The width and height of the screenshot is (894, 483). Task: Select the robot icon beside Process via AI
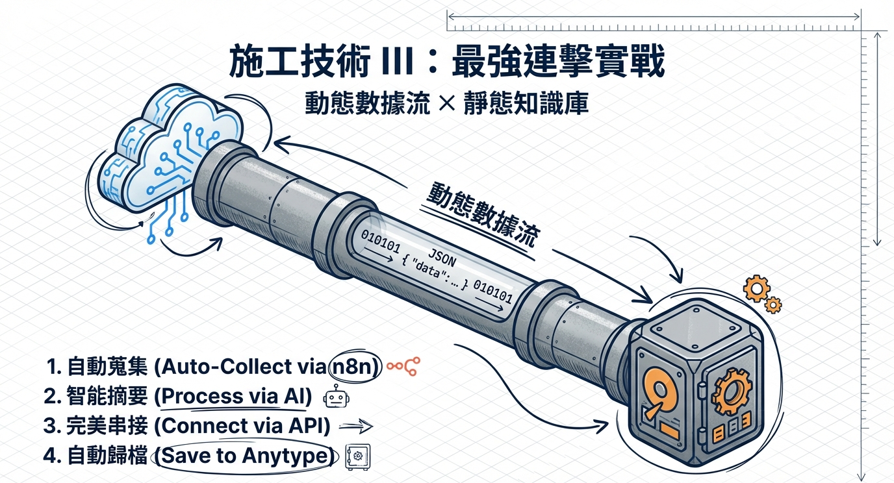(337, 396)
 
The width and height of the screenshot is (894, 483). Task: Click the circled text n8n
(352, 367)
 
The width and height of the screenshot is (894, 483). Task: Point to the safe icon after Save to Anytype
(357, 456)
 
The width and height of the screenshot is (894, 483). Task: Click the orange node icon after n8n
(403, 366)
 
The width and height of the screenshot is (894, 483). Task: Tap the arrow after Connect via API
(355, 427)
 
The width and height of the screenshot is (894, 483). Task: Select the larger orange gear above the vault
(756, 288)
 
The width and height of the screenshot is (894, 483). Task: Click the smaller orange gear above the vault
(773, 305)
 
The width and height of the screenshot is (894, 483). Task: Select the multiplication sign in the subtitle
(446, 103)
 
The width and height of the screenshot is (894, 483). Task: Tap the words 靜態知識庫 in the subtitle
(526, 103)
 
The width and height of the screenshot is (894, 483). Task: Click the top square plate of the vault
(696, 323)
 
